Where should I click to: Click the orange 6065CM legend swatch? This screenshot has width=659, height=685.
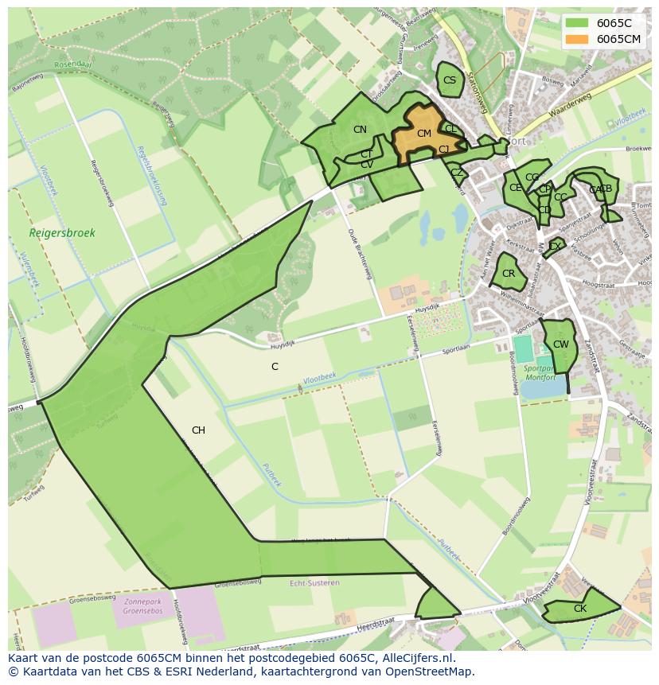click(x=578, y=39)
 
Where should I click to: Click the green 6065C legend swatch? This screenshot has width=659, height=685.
click(x=578, y=23)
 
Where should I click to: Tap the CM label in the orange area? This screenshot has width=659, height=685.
click(x=423, y=134)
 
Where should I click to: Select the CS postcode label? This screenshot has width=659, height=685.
click(x=450, y=80)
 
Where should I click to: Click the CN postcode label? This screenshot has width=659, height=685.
click(x=360, y=130)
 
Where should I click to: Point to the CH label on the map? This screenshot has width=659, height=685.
click(x=198, y=430)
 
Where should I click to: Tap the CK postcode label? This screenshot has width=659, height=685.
click(x=579, y=609)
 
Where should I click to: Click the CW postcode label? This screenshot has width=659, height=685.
click(x=560, y=344)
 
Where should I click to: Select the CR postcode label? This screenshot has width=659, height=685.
click(x=509, y=274)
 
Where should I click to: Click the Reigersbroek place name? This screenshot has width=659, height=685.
click(x=62, y=233)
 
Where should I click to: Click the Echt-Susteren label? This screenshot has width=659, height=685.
click(x=315, y=582)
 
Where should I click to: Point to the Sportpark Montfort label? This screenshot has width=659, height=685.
click(x=541, y=374)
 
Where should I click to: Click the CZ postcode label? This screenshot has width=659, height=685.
click(x=457, y=173)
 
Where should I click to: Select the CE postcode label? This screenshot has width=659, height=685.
click(x=516, y=189)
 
